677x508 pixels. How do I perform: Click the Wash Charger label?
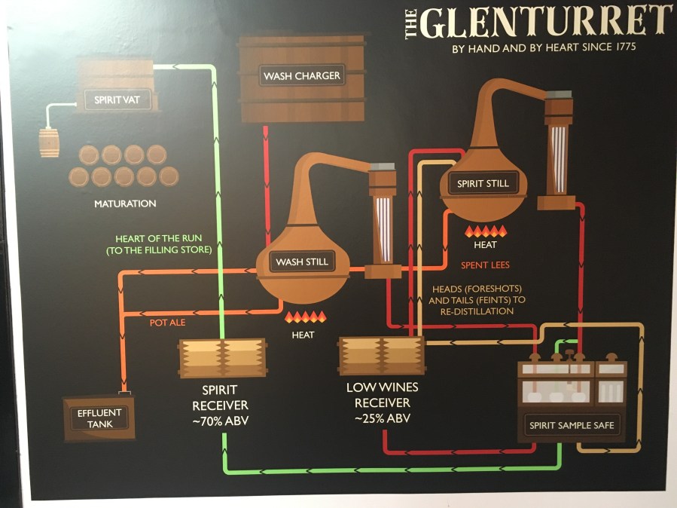301,76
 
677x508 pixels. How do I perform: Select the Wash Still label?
302,262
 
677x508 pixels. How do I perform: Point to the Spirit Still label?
483,183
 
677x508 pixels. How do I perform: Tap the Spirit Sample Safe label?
572,425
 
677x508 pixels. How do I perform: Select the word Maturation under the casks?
125,204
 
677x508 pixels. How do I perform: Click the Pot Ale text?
167,323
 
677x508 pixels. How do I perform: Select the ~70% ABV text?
220,420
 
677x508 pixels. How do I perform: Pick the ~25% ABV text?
382,418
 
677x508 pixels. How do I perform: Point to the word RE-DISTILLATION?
471,311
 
